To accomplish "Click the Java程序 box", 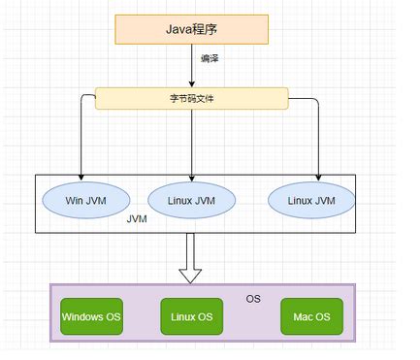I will pos(191,30).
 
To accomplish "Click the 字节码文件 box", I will pos(192,98).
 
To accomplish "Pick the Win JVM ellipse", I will pos(84,200).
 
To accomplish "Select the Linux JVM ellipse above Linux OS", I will pos(193,200).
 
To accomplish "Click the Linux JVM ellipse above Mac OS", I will pos(312,200).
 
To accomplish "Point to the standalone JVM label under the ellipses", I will pos(138,221).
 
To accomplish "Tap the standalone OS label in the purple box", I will pos(253,298).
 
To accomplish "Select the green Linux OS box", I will pos(192,316).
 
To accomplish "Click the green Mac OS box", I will pos(311,316).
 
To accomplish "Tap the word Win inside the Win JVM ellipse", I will pos(74,200).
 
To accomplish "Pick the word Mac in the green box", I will pos(302,316).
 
